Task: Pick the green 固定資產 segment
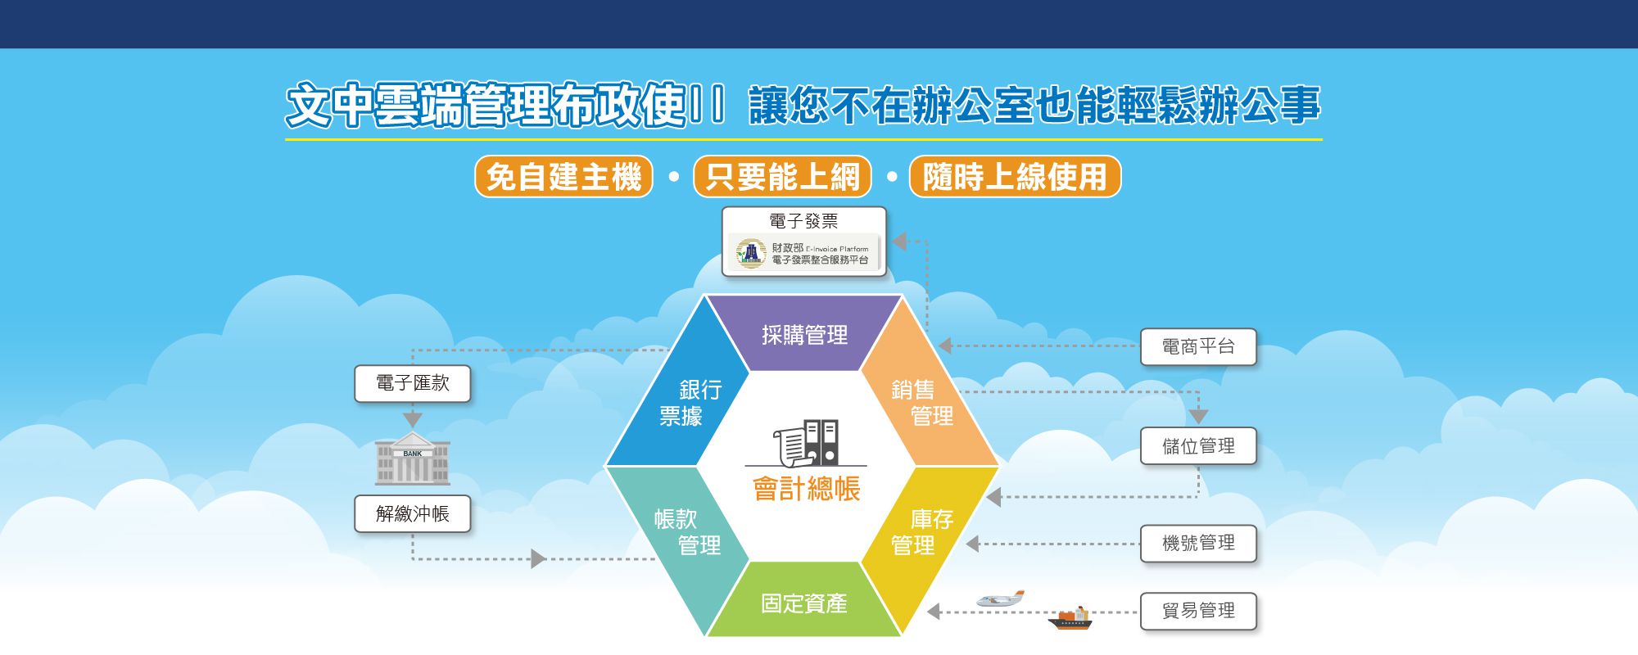803,602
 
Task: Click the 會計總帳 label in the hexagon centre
807,489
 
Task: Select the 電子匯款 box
413,383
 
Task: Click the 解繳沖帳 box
413,513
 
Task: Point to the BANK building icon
413,458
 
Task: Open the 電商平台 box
1198,346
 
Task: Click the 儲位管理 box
1198,446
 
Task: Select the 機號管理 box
1198,543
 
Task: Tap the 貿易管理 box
1198,611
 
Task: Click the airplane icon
1000,599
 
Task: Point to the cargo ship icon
1070,619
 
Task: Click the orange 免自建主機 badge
563,176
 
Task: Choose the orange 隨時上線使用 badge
1015,176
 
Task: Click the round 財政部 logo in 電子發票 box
750,253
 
